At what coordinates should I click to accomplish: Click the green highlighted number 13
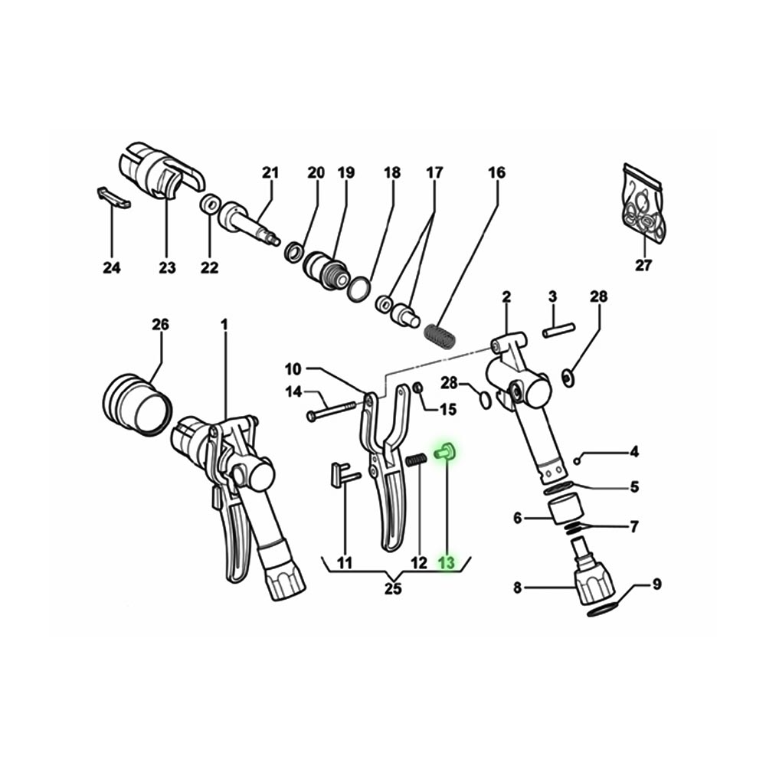tap(446, 564)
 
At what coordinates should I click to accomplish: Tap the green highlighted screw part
tap(444, 452)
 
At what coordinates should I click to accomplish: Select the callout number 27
tap(643, 266)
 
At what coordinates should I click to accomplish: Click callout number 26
tap(159, 325)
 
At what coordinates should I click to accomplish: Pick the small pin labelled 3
tap(558, 332)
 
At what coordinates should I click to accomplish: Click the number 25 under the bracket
tap(393, 589)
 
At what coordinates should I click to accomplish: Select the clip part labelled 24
tap(113, 197)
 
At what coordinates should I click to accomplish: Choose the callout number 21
tap(269, 173)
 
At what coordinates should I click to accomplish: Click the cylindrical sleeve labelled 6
tap(568, 509)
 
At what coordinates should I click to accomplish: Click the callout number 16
tap(497, 173)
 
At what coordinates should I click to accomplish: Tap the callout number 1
tap(225, 325)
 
